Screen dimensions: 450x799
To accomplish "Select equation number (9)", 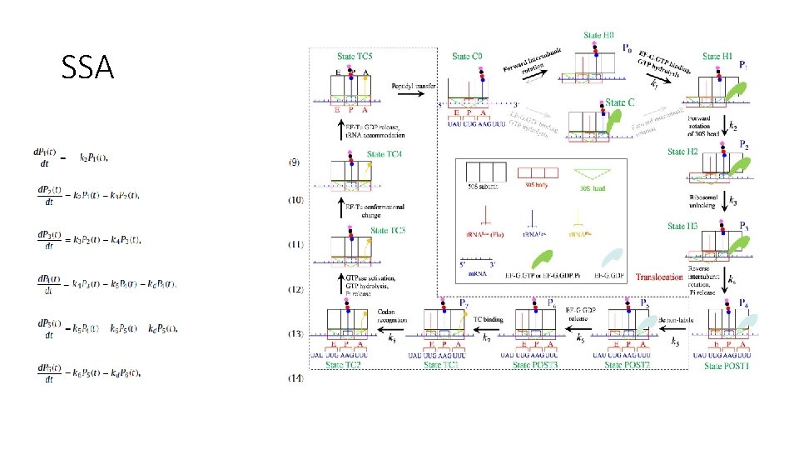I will [295, 160].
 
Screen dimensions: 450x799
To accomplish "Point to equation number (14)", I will [295, 378].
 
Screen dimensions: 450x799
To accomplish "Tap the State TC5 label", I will [355, 57].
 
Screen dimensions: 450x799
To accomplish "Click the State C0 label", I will [467, 57].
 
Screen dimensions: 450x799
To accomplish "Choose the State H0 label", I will [598, 36].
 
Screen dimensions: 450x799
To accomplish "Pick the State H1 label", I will [717, 56].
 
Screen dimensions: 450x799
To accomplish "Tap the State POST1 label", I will [726, 365].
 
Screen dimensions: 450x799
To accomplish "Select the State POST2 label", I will [631, 365].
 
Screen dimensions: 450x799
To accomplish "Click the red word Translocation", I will [659, 277].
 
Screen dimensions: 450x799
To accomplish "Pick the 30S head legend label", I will [593, 189].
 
